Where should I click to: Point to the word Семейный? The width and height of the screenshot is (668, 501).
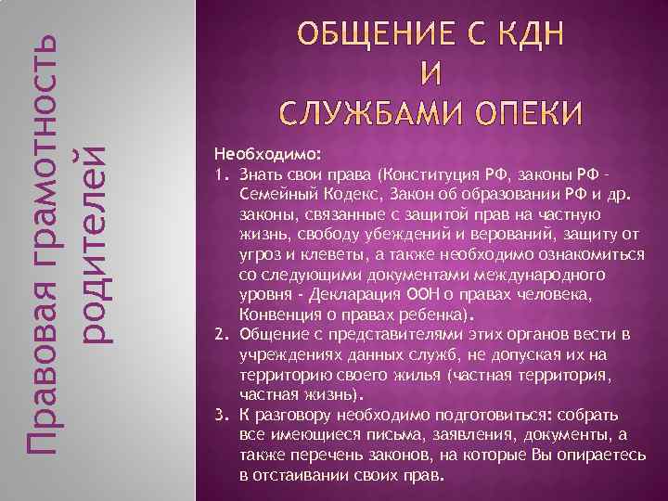click(278, 193)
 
